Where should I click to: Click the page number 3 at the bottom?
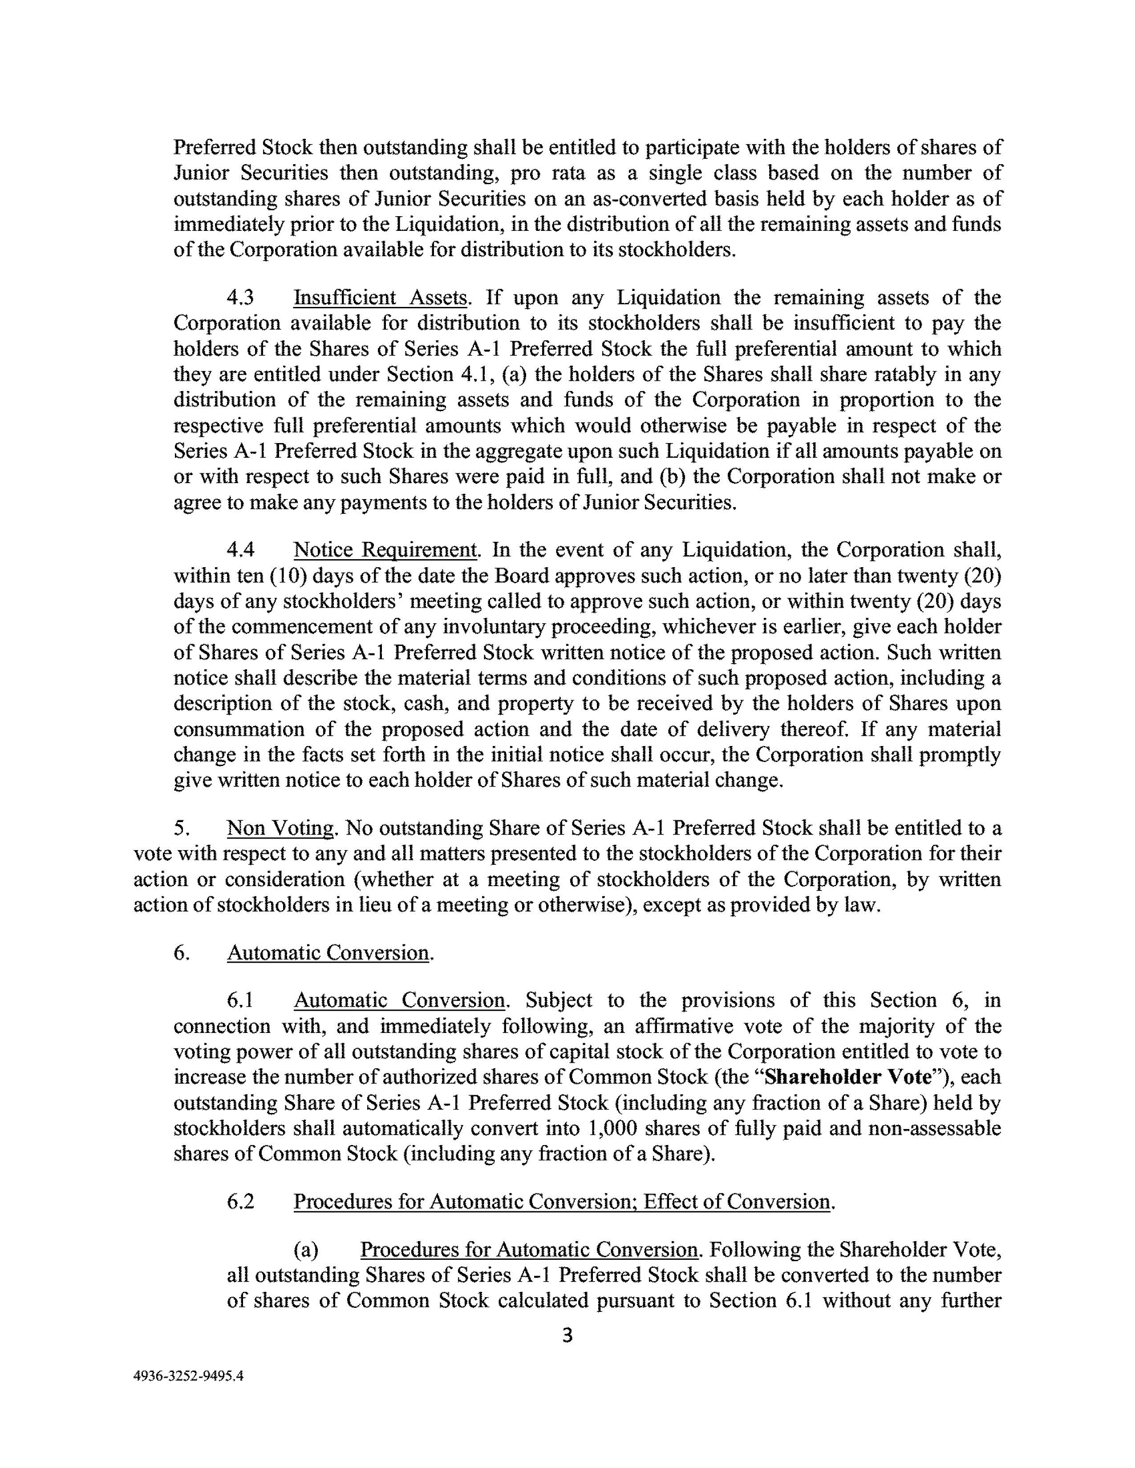pos(567,1335)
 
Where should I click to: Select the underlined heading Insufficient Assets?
pos(380,297)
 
